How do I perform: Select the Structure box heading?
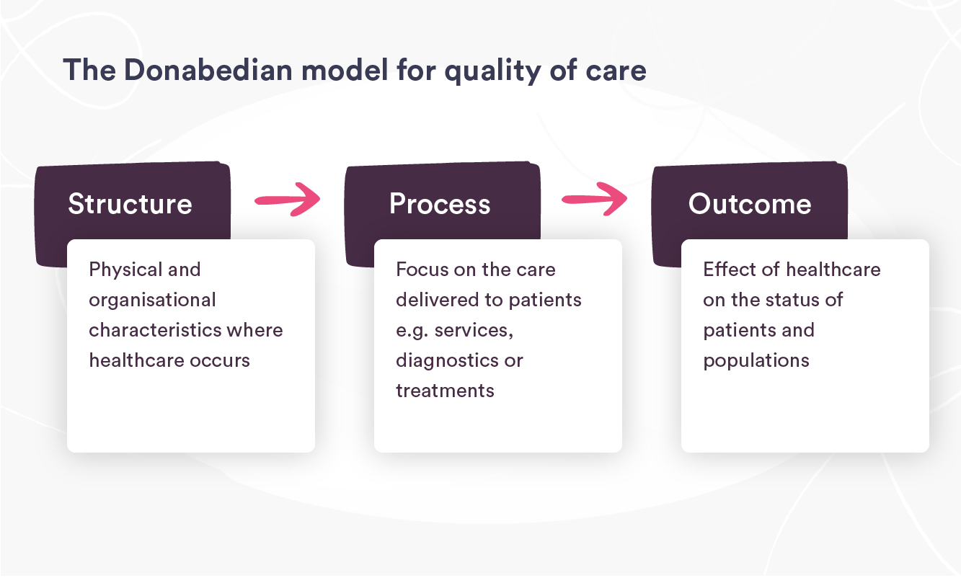pyautogui.click(x=130, y=204)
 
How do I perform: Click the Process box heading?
pyautogui.click(x=440, y=204)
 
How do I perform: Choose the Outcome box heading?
pyautogui.click(x=750, y=204)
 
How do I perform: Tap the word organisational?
pyautogui.click(x=152, y=301)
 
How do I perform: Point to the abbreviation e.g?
pyautogui.click(x=412, y=331)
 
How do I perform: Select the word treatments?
pyautogui.click(x=445, y=391)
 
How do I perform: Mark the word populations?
pyautogui.click(x=756, y=360)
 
